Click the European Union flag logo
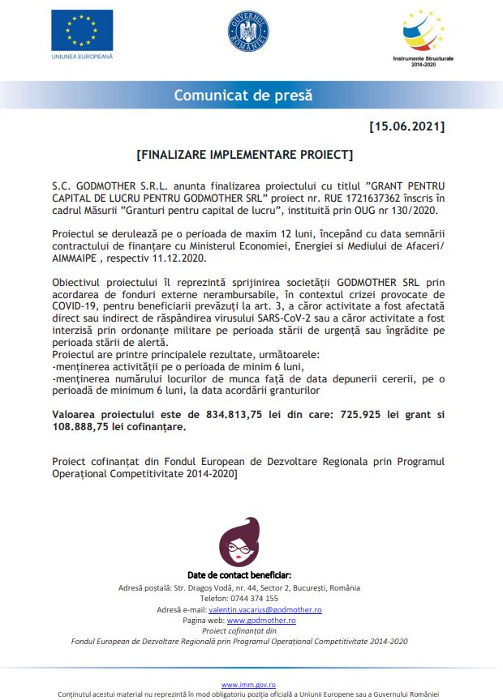coord(82,30)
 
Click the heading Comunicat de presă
coord(243,95)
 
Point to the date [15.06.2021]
coord(406,126)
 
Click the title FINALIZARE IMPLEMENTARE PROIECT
coord(244,153)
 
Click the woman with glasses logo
coord(239,541)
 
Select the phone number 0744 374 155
coord(252,598)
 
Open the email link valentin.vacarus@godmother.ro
coord(265,609)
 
